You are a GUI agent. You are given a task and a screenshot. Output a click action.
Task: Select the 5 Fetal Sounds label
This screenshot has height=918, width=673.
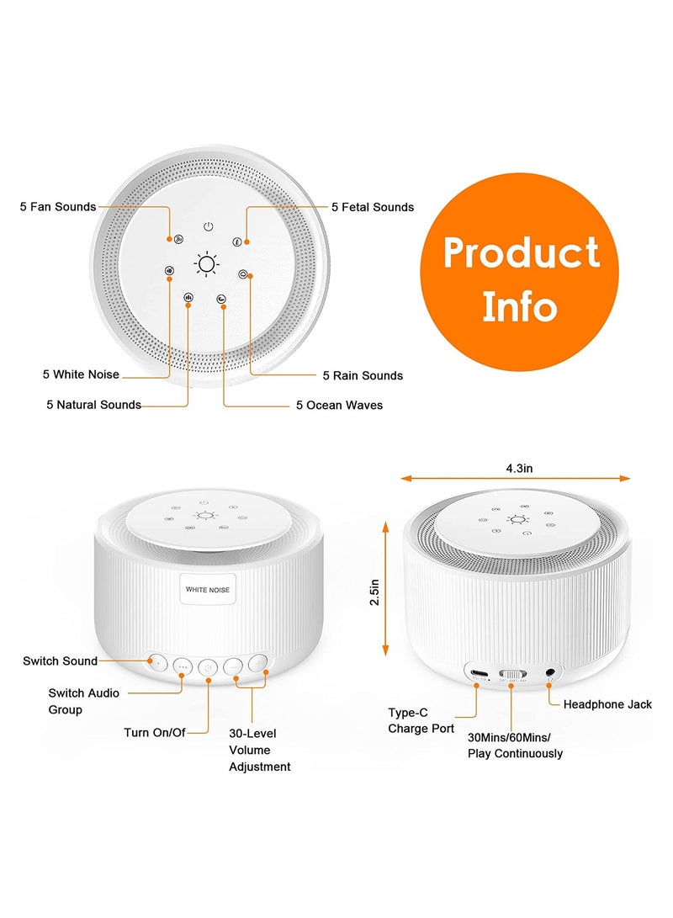coord(372,206)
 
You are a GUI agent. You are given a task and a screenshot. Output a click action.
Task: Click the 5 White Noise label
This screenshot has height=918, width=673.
coord(81,374)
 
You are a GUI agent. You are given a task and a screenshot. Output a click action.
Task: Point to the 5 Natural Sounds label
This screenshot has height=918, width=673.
coord(93,405)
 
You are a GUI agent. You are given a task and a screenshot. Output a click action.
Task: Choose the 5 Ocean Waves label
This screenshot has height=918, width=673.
coord(339,406)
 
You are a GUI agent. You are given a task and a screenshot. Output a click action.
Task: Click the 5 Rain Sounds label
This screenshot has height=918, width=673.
coord(363,375)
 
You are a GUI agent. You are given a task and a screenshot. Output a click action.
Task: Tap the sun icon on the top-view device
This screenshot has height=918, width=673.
coord(207,264)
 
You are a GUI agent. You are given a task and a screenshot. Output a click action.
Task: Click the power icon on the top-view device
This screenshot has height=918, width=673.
coord(208,226)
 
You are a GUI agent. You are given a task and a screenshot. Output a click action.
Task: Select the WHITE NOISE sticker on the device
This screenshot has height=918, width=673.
coord(207,590)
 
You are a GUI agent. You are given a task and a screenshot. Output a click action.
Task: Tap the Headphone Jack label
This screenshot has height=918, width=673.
coord(607,704)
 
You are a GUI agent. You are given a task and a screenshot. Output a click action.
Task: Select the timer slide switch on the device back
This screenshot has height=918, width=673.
coord(512,675)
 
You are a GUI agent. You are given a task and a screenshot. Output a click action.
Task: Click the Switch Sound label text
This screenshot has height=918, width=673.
coord(61,661)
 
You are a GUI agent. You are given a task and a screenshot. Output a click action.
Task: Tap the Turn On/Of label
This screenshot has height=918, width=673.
coord(154,732)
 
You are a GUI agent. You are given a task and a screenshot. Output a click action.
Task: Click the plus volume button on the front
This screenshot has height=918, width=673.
coord(259,662)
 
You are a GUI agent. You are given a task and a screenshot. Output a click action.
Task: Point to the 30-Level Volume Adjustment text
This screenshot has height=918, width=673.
coord(260,750)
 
